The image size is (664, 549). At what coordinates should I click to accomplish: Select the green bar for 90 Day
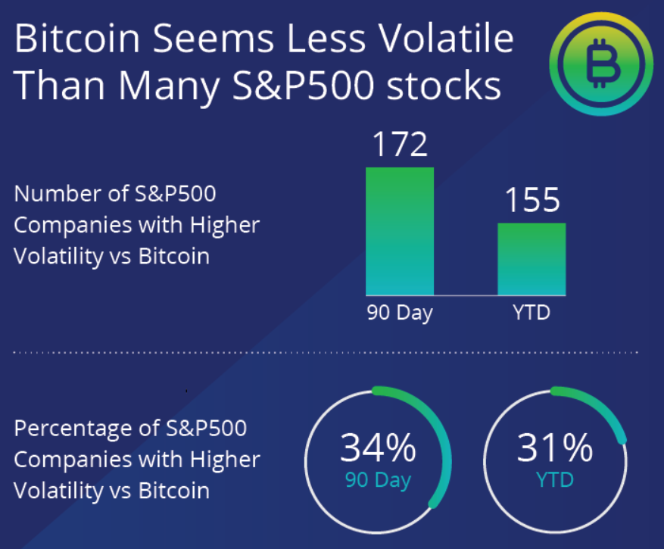(400, 231)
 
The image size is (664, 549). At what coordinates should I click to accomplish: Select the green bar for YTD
(532, 259)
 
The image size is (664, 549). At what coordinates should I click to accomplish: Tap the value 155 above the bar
(532, 201)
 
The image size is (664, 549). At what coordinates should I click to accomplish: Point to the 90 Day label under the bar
(400, 313)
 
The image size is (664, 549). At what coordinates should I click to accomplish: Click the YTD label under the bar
(532, 312)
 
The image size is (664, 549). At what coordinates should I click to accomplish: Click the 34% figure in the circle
(378, 448)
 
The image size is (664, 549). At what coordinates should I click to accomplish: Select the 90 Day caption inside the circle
(378, 480)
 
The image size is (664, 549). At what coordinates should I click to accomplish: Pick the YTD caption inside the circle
(556, 480)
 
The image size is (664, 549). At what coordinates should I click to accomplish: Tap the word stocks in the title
(452, 86)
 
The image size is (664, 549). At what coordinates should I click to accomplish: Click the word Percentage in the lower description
(71, 429)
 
